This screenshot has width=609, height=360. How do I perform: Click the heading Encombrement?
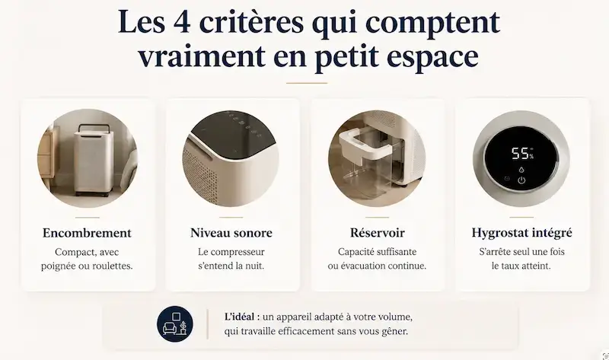click(87, 233)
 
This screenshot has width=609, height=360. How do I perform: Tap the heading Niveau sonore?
click(231, 233)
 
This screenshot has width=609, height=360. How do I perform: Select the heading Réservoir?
click(377, 233)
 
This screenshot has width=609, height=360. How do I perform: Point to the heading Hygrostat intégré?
click(521, 233)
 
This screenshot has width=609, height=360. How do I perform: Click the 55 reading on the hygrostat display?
click(520, 154)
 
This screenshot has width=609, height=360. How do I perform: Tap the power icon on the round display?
click(521, 180)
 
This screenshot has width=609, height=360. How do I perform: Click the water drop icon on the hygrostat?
click(521, 169)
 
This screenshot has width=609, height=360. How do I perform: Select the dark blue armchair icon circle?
click(175, 324)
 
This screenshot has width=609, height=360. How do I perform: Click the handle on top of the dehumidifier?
click(94, 127)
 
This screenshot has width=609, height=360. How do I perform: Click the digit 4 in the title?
click(182, 22)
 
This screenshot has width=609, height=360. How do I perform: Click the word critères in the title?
click(251, 22)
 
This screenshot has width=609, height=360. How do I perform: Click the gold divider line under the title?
click(307, 83)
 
